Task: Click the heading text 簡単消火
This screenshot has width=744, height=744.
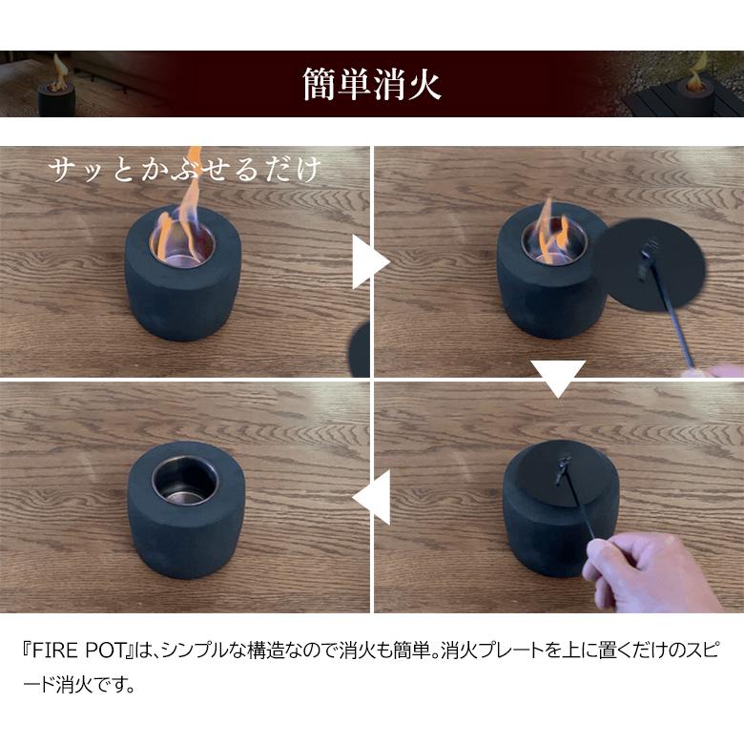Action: tap(371, 84)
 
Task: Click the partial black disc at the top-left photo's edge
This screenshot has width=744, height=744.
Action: tap(361, 349)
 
